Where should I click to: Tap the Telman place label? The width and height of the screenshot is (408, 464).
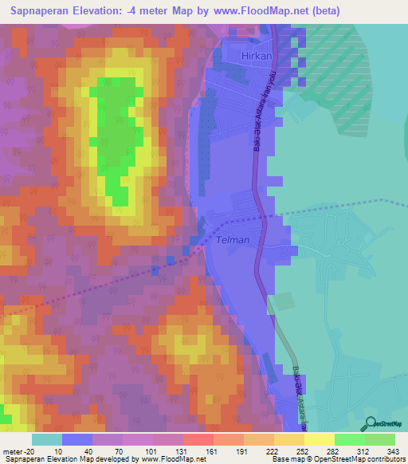pos(233,239)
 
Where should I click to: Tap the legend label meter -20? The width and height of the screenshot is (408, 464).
pos(18,450)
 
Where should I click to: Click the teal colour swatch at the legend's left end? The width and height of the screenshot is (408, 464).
pos(47,439)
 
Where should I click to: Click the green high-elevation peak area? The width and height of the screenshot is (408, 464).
pos(116,136)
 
